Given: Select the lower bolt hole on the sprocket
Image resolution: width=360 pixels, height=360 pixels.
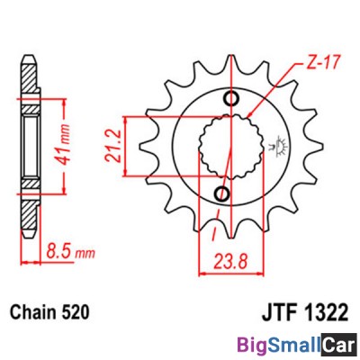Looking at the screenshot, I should [x=221, y=193].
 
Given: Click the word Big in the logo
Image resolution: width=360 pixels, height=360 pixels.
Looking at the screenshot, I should [x=254, y=344].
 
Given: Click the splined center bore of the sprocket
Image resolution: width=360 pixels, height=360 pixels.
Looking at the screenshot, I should [x=227, y=146].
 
